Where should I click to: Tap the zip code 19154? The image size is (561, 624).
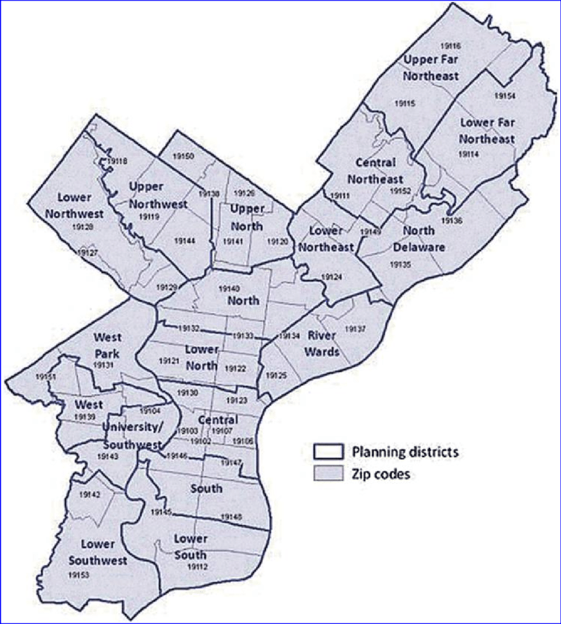(x=505, y=96)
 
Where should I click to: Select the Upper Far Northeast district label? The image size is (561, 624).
(x=432, y=68)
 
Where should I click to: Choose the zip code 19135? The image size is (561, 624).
(x=401, y=264)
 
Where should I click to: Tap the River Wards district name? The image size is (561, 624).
(x=323, y=343)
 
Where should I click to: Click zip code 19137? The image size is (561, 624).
(x=356, y=328)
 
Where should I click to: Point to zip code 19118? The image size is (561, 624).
(x=117, y=161)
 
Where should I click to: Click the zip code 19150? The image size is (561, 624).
(x=183, y=156)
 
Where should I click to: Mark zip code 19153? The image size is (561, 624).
(x=78, y=575)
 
